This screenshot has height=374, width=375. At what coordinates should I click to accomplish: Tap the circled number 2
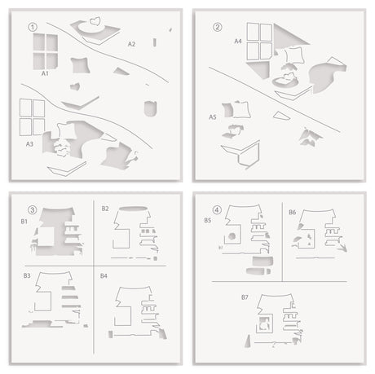(218, 25)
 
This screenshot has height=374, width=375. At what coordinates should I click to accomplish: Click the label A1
(46, 74)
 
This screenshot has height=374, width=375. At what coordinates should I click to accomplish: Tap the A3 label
(29, 143)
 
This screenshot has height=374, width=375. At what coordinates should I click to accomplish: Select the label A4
(238, 40)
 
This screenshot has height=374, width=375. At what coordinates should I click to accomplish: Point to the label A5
(213, 117)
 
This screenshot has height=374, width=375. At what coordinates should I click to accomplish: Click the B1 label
(25, 221)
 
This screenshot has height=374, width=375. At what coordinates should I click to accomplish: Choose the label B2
(105, 209)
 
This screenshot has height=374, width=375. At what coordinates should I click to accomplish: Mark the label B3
(27, 276)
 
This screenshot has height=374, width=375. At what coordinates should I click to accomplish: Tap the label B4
(104, 276)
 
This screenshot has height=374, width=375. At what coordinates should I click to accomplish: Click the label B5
(208, 220)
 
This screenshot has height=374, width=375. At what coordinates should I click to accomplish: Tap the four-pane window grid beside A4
(258, 41)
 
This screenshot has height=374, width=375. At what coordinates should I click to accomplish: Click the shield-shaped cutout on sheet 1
(149, 108)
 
